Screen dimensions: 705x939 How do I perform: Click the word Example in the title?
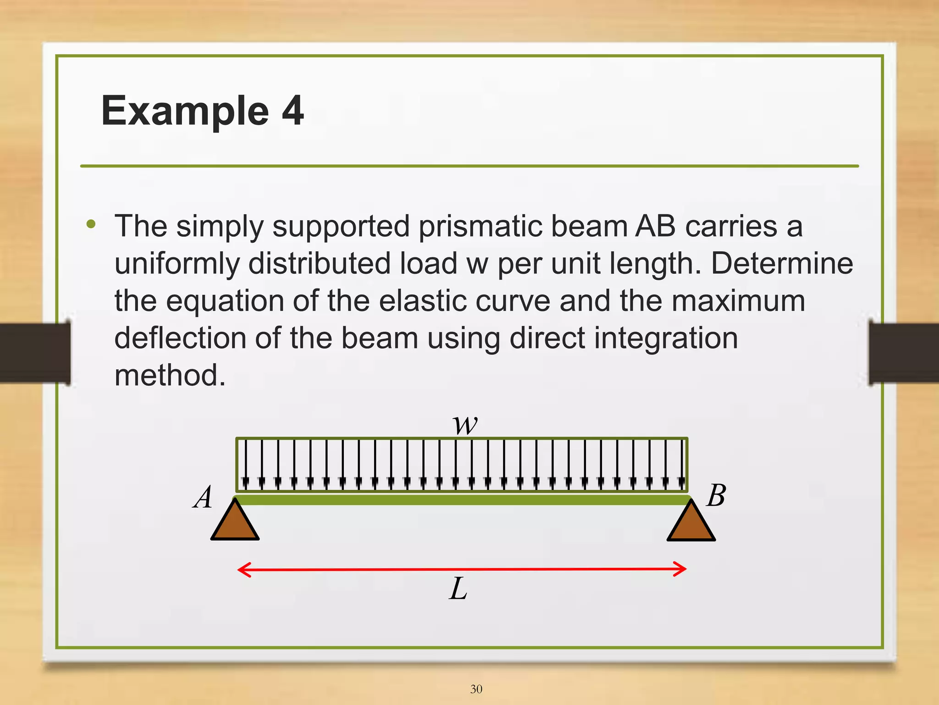pyautogui.click(x=185, y=111)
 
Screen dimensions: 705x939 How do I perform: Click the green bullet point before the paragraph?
pyautogui.click(x=91, y=224)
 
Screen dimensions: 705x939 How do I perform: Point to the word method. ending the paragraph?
pyautogui.click(x=170, y=375)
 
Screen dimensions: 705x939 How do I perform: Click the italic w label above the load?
pyautogui.click(x=465, y=424)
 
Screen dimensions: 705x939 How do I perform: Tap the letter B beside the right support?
pyautogui.click(x=716, y=496)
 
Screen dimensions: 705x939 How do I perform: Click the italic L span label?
pyautogui.click(x=458, y=589)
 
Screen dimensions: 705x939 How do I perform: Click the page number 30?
pyautogui.click(x=476, y=689)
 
